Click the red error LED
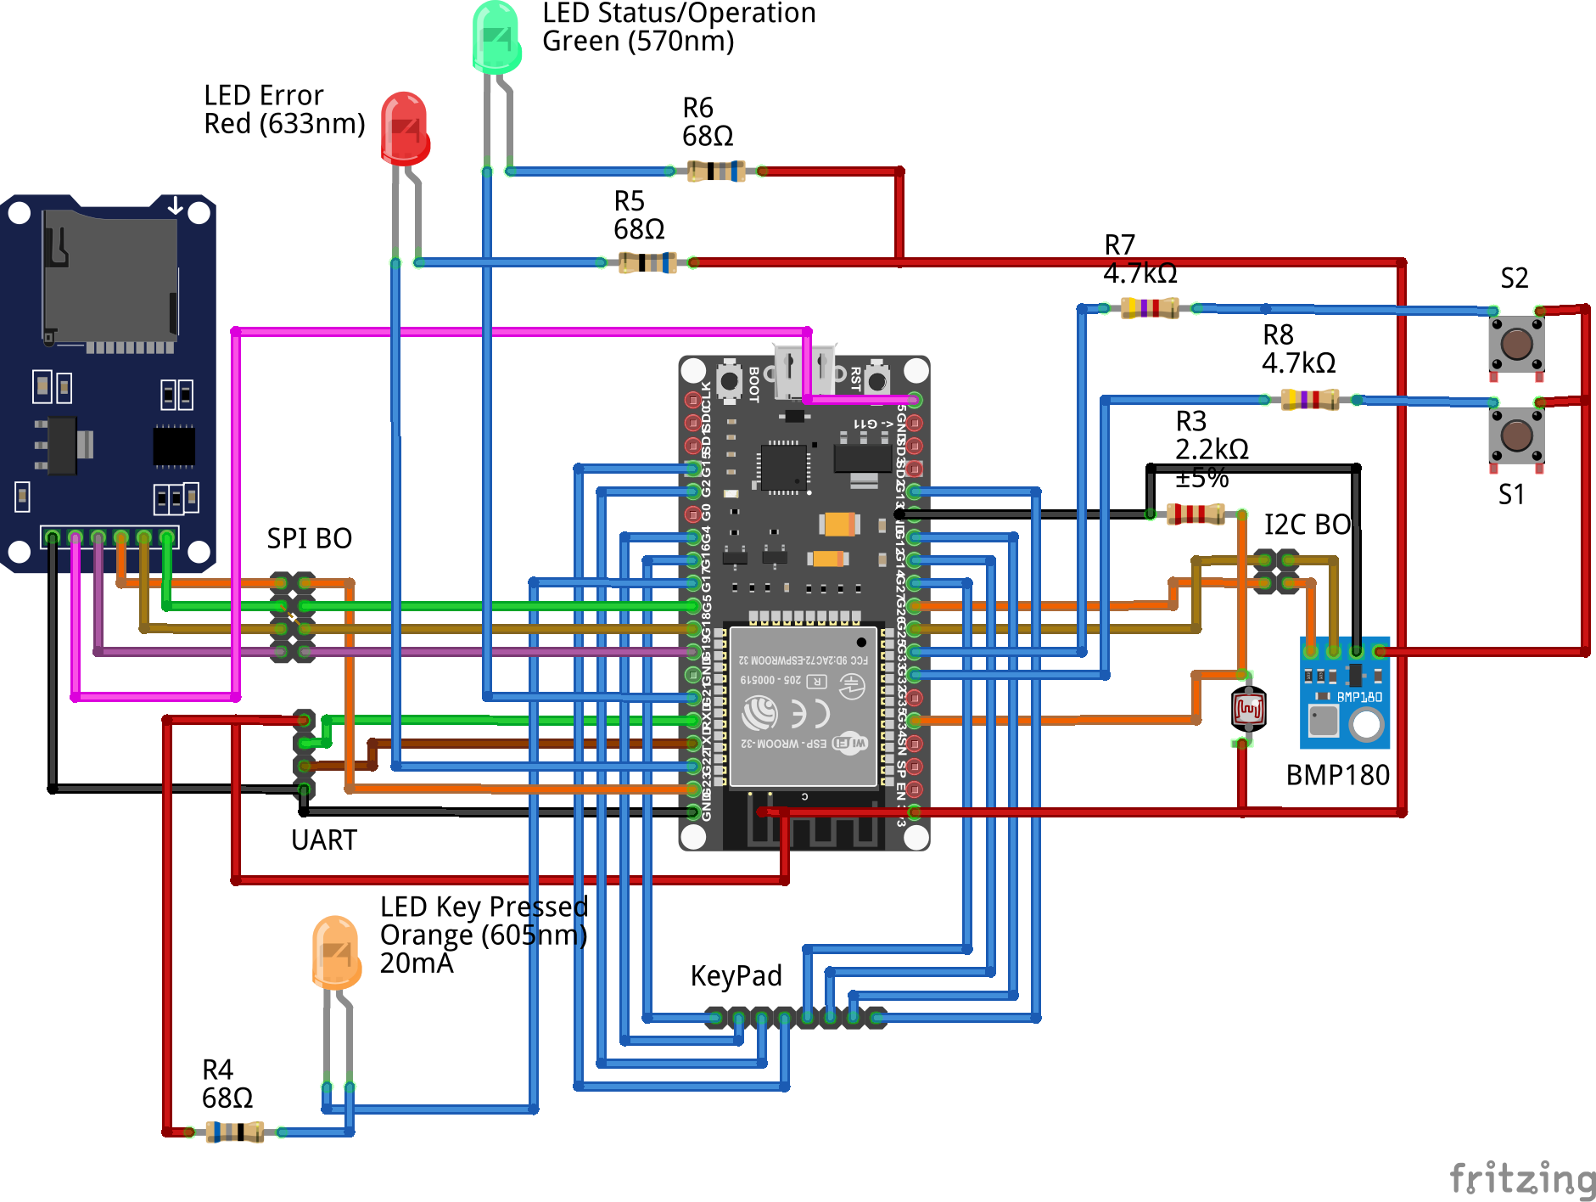pos(405,127)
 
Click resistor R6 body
pos(716,171)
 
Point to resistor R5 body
pos(647,262)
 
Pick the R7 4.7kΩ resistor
pos(1150,307)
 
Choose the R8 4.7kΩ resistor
pos(1309,399)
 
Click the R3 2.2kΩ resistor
pos(1196,514)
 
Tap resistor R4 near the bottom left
pos(235,1132)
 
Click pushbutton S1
pos(1516,436)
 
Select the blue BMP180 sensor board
pos(1345,693)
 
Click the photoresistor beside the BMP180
pos(1248,709)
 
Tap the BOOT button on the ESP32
pos(730,381)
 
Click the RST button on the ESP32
pos(878,379)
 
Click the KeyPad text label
pos(736,976)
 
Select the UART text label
pos(323,840)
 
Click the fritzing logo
pos(1522,1178)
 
